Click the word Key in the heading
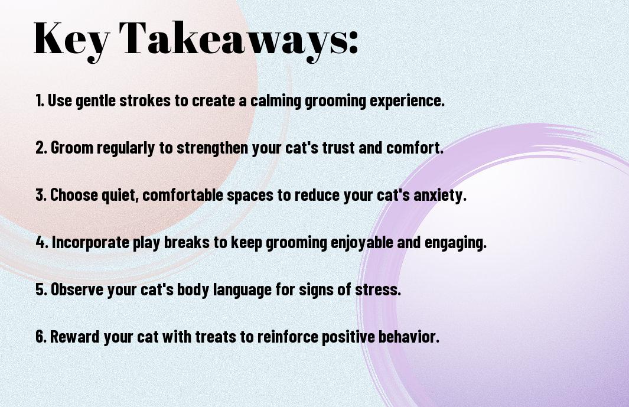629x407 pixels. (71, 40)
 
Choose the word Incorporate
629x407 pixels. (90, 243)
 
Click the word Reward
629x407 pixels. (75, 337)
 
